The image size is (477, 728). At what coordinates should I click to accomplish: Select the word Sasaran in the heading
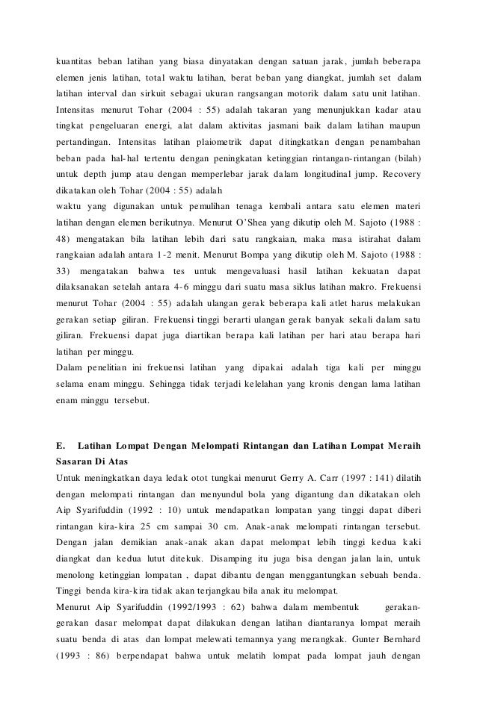coord(79,463)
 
